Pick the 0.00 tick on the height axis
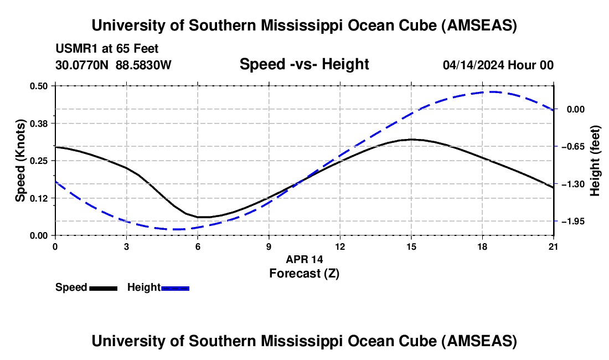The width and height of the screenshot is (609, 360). (x=575, y=110)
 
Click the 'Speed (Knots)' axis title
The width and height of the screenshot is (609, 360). (x=20, y=160)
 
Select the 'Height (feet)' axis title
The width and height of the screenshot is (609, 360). (x=595, y=160)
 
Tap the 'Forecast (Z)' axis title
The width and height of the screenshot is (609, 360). (x=304, y=273)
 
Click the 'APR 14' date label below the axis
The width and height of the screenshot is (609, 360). (x=304, y=259)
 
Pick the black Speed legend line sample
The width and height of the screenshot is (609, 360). (x=103, y=288)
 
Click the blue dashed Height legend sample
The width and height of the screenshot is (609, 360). (x=176, y=288)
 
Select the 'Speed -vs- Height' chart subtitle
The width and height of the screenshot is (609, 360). (x=304, y=64)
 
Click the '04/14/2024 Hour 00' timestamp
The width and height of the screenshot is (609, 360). (x=498, y=65)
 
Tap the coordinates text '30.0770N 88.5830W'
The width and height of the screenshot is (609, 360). (x=113, y=65)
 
